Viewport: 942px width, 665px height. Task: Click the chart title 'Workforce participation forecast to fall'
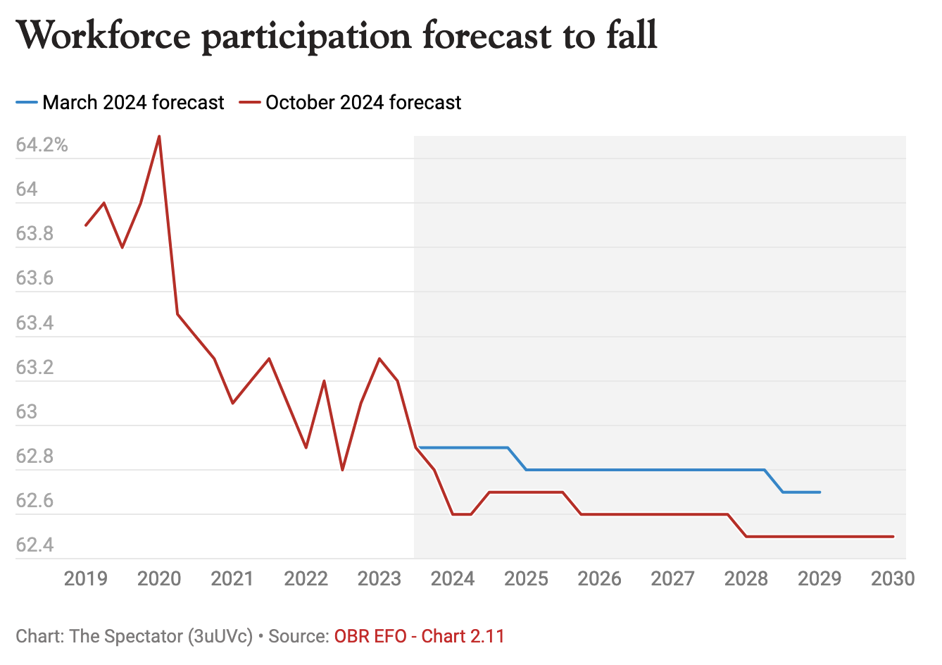[337, 35]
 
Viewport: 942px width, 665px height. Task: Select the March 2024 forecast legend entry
[120, 103]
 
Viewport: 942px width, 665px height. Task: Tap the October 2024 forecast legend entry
[350, 103]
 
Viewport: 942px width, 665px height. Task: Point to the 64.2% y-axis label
[42, 145]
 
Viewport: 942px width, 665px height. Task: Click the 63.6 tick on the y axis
[34, 278]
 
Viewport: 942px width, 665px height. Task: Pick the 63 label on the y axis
[27, 411]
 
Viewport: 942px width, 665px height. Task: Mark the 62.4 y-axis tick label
[34, 545]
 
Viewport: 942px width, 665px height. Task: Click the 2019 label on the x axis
[86, 579]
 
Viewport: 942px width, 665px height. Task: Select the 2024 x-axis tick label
[453, 579]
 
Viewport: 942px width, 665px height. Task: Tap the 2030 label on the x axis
[893, 579]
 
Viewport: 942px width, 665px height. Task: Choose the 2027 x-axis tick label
[673, 579]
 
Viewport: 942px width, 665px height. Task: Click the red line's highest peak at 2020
[159, 136]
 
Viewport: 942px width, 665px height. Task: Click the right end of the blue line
[819, 492]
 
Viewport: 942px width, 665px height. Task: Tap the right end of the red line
[893, 537]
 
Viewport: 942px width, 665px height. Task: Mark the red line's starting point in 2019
[86, 225]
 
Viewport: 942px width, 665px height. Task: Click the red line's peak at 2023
[379, 359]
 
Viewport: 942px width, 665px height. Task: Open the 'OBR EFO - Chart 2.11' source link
[420, 637]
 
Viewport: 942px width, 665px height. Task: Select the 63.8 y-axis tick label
[34, 234]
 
